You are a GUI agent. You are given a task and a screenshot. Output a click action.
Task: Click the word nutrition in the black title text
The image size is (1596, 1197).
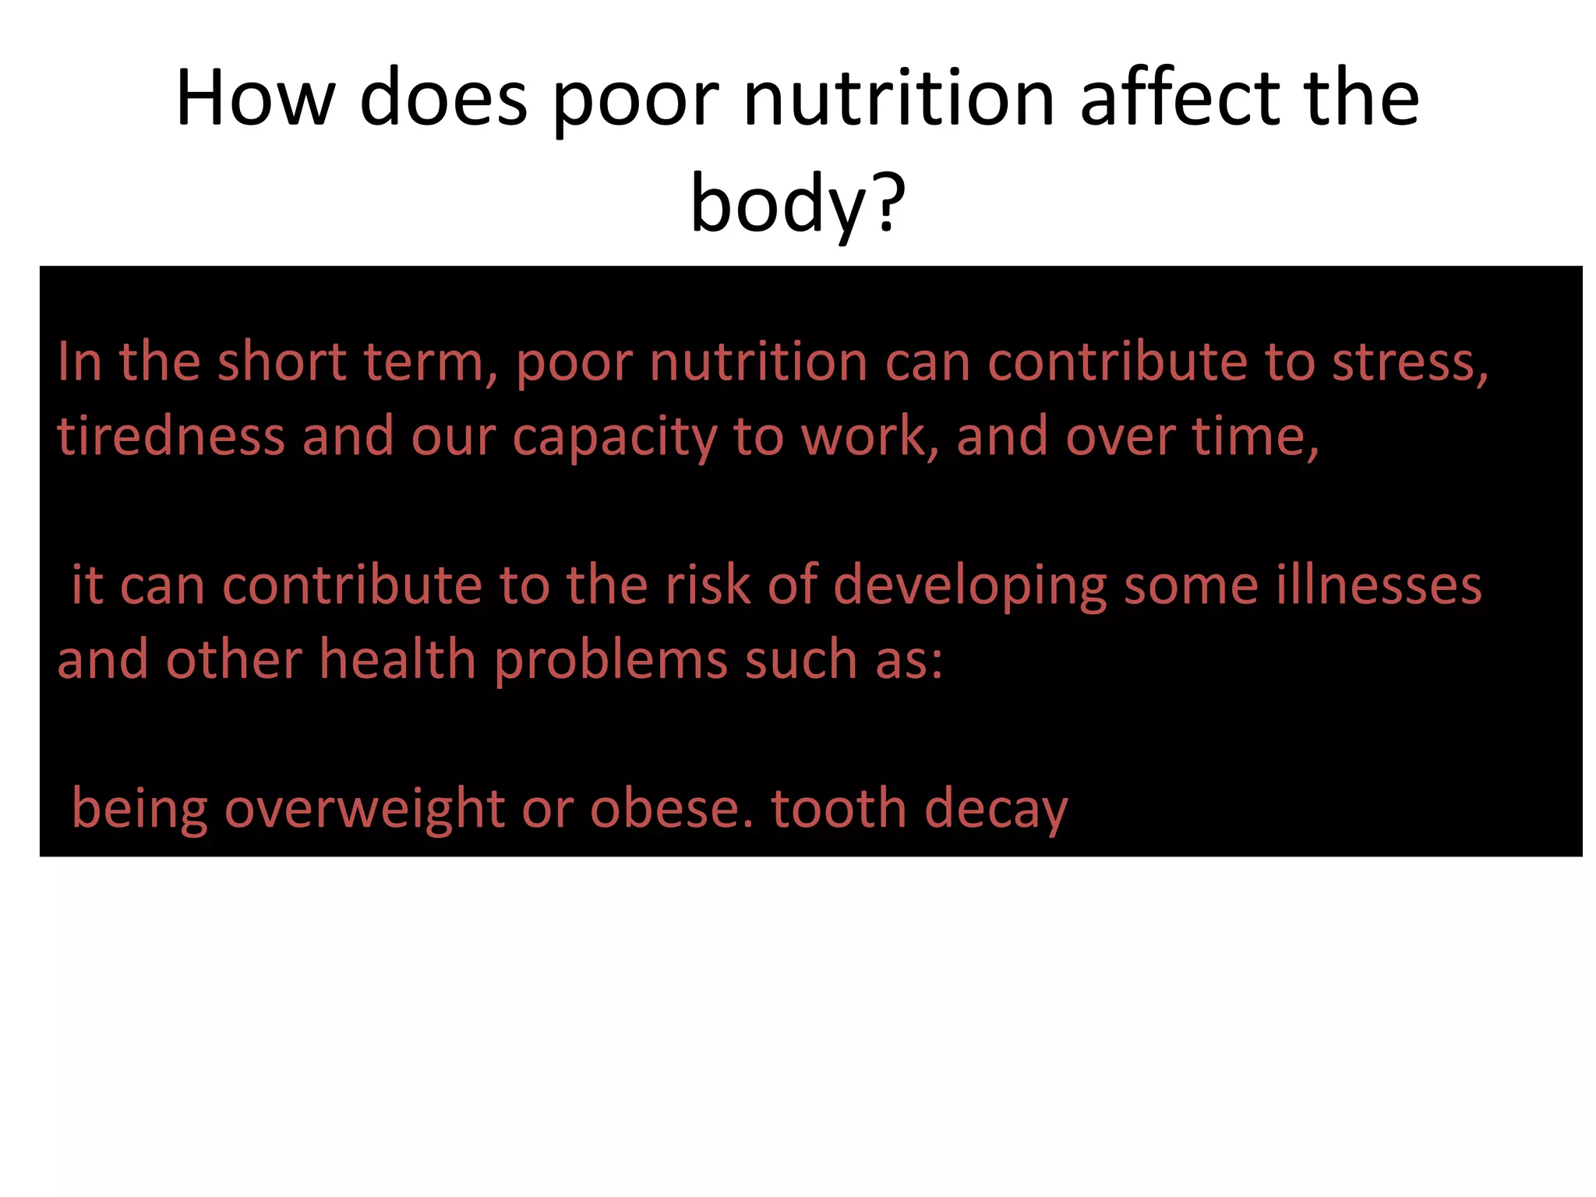tap(899, 99)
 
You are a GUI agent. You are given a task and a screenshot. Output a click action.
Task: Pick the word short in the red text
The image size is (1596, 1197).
tap(281, 362)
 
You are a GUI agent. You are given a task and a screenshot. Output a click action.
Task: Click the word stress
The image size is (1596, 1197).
tap(1410, 362)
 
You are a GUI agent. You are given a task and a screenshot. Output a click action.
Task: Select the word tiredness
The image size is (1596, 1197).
tap(171, 436)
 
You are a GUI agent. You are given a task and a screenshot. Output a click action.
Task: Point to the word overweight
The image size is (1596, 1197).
tap(364, 810)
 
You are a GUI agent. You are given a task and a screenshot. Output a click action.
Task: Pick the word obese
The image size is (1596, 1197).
tap(672, 810)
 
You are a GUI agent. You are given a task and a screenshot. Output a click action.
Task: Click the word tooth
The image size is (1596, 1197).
tap(839, 810)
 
